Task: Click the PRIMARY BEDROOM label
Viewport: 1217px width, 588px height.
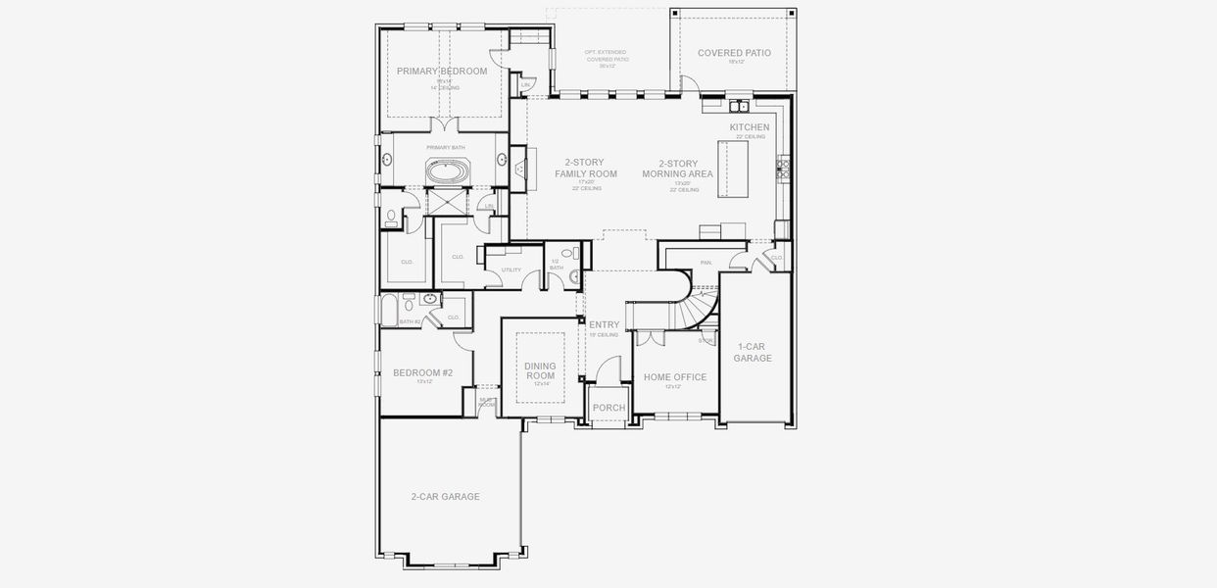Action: pyautogui.click(x=442, y=72)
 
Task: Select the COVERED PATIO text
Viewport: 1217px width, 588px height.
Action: pyautogui.click(x=734, y=53)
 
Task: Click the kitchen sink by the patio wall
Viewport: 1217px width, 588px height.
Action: pyautogui.click(x=738, y=105)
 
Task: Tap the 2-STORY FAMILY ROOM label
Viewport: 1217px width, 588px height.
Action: pyautogui.click(x=586, y=168)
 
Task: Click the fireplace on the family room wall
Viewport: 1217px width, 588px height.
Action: pyautogui.click(x=519, y=169)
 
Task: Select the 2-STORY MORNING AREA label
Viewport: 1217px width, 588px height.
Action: pyautogui.click(x=677, y=169)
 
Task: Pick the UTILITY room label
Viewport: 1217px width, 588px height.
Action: pyautogui.click(x=511, y=269)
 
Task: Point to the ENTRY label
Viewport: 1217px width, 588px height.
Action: pyautogui.click(x=604, y=324)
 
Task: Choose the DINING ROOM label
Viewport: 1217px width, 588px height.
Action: pyautogui.click(x=540, y=370)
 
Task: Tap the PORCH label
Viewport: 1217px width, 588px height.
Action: pyautogui.click(x=608, y=408)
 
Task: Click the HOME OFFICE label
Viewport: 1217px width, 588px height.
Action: pyautogui.click(x=674, y=377)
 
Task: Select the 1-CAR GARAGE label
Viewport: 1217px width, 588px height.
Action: pyautogui.click(x=753, y=352)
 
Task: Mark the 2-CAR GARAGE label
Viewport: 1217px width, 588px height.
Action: pyautogui.click(x=446, y=497)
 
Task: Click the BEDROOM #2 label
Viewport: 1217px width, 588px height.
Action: pyautogui.click(x=422, y=372)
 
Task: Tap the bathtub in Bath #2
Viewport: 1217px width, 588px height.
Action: pyautogui.click(x=389, y=309)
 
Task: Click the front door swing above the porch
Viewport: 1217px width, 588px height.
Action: pyautogui.click(x=608, y=369)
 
